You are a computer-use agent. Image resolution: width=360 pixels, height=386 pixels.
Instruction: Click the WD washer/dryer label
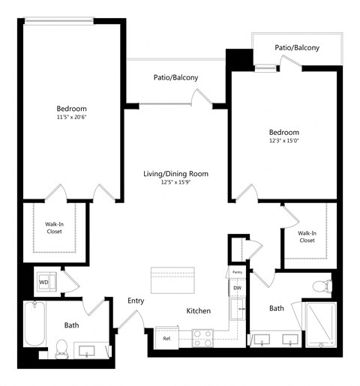coord(43,283)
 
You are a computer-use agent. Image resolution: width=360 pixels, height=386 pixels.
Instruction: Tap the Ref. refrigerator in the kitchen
coord(167,339)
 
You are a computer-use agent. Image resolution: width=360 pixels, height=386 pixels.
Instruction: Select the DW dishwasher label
coord(237,288)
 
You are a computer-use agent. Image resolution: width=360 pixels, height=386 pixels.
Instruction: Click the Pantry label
coord(237,272)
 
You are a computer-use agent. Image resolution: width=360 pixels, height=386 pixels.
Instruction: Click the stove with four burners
coord(203,339)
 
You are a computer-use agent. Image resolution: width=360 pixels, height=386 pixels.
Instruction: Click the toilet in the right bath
coord(322,286)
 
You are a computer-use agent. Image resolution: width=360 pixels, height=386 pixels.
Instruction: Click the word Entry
coord(136,301)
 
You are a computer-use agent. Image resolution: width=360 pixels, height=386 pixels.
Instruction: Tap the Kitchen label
coord(199,311)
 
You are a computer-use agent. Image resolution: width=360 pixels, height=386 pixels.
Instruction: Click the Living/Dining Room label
coord(175,174)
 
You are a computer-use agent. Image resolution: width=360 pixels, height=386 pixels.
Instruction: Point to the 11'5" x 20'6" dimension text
coord(71,117)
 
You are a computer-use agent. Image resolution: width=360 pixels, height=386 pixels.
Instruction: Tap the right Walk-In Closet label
coord(307,236)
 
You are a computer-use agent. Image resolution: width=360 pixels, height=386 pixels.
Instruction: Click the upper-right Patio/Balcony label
coord(297,47)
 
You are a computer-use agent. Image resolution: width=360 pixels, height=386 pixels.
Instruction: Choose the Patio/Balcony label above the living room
coord(176,76)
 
